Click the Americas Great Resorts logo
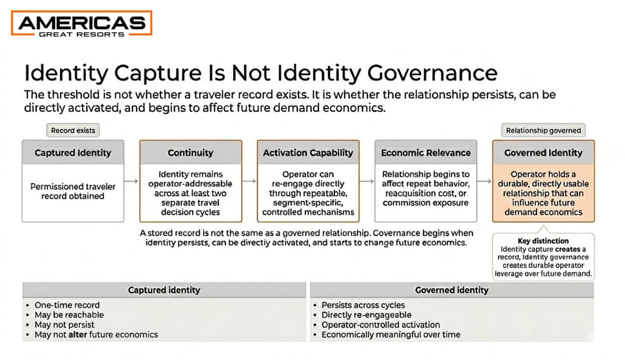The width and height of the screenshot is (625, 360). pyautogui.click(x=82, y=24)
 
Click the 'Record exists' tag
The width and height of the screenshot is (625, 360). pyautogui.click(x=73, y=130)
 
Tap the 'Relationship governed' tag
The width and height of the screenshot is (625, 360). pyautogui.click(x=543, y=130)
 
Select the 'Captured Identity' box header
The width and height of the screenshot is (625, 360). pyautogui.click(x=72, y=153)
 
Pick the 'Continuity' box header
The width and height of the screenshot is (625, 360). pyautogui.click(x=190, y=153)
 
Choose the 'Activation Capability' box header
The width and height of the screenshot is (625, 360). pyautogui.click(x=308, y=153)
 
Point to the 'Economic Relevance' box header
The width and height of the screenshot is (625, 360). pyautogui.click(x=425, y=153)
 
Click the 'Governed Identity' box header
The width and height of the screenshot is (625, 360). pyautogui.click(x=543, y=153)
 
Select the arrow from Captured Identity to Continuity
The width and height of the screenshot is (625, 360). pyautogui.click(x=131, y=181)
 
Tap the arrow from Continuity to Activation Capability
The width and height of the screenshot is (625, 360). pyautogui.click(x=249, y=181)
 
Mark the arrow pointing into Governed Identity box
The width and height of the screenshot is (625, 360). pyautogui.click(x=484, y=181)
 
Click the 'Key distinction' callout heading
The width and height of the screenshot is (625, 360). pyautogui.click(x=543, y=241)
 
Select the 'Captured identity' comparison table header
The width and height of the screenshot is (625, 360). pyautogui.click(x=164, y=290)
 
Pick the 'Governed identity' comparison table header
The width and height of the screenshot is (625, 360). pyautogui.click(x=452, y=290)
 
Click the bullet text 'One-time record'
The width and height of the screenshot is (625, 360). pyautogui.click(x=67, y=305)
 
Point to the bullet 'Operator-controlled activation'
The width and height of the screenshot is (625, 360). pyautogui.click(x=380, y=325)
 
